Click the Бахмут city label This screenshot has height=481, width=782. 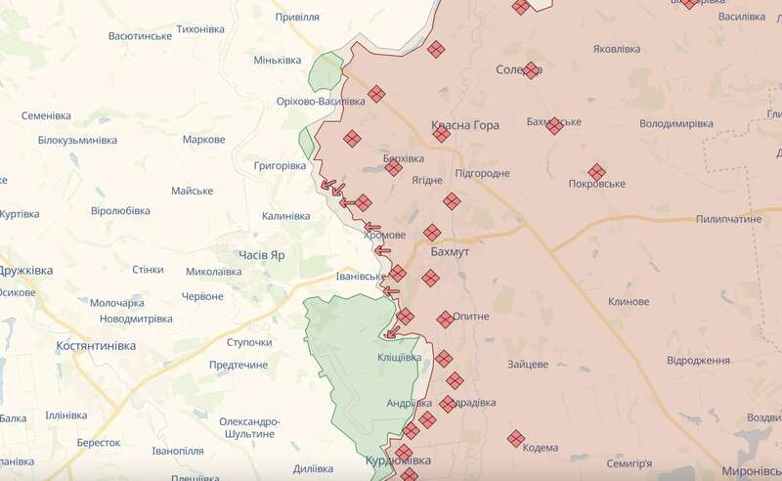click(450, 251)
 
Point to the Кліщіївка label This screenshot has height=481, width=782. click(400, 357)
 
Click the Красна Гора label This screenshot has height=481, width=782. click(465, 125)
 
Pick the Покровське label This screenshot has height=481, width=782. click(596, 184)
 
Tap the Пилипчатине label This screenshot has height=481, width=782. click(729, 219)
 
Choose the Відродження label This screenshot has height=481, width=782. click(698, 361)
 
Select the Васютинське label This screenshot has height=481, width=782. click(140, 35)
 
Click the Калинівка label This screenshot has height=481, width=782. click(285, 216)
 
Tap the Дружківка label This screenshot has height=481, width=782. click(25, 270)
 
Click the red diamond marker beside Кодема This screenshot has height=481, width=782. click(516, 439)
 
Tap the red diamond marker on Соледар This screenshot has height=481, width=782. click(531, 70)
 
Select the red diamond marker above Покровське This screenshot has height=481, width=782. click(596, 170)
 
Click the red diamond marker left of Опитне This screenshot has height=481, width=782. click(445, 318)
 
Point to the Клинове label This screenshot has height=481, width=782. click(628, 302)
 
